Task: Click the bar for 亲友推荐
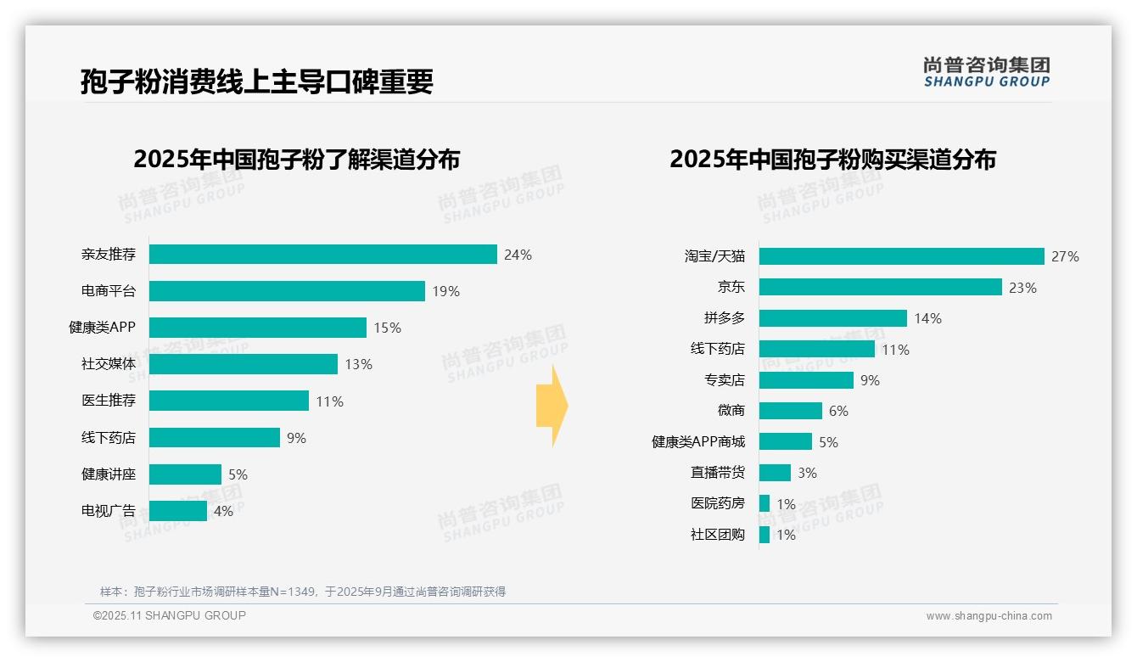[x=322, y=254]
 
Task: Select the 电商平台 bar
[x=287, y=291]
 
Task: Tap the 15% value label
[x=387, y=328]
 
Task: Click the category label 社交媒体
[x=108, y=364]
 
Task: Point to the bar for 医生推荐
[x=229, y=401]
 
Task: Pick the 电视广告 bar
[x=178, y=511]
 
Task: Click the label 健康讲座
[x=108, y=474]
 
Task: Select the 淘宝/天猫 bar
[x=901, y=256]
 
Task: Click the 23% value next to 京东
[x=1022, y=288]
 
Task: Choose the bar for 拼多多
[x=832, y=318]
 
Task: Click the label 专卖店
[x=724, y=380]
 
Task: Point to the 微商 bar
[x=790, y=411]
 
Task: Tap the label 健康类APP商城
[x=697, y=442]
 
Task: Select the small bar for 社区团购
[x=765, y=535]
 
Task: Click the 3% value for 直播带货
[x=807, y=473]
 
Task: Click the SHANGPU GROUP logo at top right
[x=986, y=71]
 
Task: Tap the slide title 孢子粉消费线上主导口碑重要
[x=256, y=81]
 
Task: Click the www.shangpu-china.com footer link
[x=989, y=616]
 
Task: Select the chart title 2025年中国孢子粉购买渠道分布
[x=832, y=160]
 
